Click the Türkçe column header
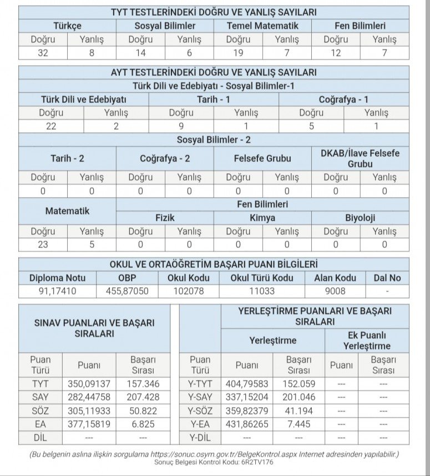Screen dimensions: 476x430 pyautogui.click(x=67, y=26)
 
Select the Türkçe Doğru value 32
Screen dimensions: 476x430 pyautogui.click(x=43, y=53)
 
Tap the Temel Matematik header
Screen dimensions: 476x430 pyautogui.click(x=262, y=26)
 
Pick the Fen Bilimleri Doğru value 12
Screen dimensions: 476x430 pyautogui.click(x=336, y=53)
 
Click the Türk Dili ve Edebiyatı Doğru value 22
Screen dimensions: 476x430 pyautogui.click(x=51, y=126)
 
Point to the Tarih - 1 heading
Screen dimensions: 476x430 pyautogui.click(x=214, y=99)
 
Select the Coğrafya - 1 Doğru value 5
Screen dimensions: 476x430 pyautogui.click(x=311, y=126)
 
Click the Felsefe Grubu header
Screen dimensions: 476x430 pyautogui.click(x=262, y=158)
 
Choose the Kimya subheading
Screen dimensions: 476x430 pyautogui.click(x=262, y=218)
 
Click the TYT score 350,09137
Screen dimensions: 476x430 pyautogui.click(x=89, y=384)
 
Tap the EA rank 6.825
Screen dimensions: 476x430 pyautogui.click(x=143, y=425)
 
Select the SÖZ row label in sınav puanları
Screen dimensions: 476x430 pyautogui.click(x=40, y=411)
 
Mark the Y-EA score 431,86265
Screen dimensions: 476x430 pyautogui.click(x=247, y=425)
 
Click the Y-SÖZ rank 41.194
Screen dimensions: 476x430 pyautogui.click(x=299, y=411)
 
